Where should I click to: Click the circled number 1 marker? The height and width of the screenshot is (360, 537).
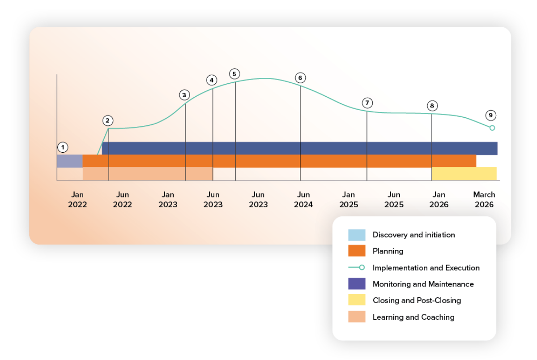click(x=63, y=147)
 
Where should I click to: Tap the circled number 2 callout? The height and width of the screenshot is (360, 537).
click(x=107, y=120)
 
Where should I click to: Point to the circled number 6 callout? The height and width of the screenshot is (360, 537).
click(x=300, y=77)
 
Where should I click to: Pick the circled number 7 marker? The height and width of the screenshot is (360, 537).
click(x=367, y=103)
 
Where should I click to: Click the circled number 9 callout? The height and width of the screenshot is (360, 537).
click(x=490, y=116)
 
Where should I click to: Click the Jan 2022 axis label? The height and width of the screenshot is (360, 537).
click(x=77, y=200)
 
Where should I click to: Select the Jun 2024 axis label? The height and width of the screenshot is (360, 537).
click(x=303, y=200)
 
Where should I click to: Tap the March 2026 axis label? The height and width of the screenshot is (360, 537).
click(x=484, y=200)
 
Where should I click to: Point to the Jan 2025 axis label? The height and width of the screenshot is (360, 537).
click(x=349, y=200)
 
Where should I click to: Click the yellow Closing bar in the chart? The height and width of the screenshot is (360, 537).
click(x=464, y=173)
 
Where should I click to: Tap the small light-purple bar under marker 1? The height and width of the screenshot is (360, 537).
click(x=70, y=161)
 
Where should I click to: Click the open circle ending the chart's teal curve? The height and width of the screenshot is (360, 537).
click(x=492, y=128)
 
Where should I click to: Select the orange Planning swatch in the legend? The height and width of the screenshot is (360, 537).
click(x=357, y=251)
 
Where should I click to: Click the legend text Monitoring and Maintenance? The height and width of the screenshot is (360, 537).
click(x=423, y=284)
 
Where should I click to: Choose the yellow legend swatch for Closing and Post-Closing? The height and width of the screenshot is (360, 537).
click(x=357, y=300)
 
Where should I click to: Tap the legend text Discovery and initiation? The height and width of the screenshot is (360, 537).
click(x=413, y=235)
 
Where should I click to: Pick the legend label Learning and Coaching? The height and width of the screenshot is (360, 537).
click(x=413, y=317)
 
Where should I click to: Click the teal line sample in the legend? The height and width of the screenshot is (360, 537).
click(x=357, y=268)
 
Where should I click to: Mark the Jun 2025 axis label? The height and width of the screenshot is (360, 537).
click(x=394, y=200)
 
